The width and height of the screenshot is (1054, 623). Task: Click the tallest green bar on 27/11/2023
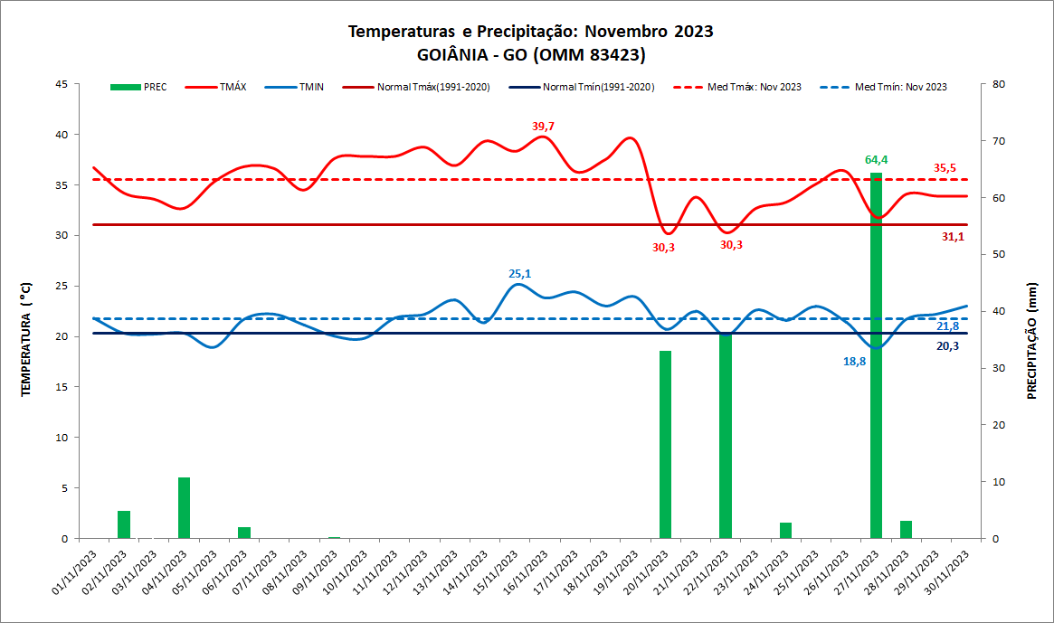(x=876, y=362)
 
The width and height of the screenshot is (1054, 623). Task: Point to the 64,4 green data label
(x=876, y=160)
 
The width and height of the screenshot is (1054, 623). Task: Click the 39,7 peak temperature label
(x=543, y=126)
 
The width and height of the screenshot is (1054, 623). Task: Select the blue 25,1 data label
(x=519, y=273)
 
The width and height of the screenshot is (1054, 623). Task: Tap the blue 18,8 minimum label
(x=854, y=361)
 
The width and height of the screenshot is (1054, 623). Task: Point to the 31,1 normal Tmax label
(x=953, y=237)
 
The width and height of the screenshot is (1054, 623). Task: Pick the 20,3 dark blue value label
(x=947, y=345)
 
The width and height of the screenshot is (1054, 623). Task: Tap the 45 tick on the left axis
(x=62, y=84)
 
